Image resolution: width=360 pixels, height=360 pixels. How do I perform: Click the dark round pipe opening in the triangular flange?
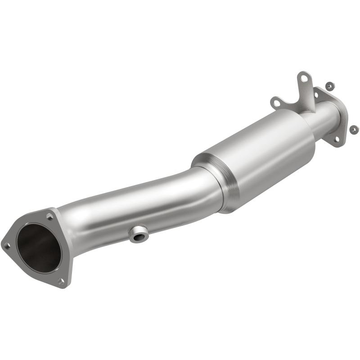coord(39,250)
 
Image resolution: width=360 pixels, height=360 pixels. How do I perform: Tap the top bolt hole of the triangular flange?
coord(49,217)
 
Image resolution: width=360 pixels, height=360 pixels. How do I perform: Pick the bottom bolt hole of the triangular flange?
coord(61,281)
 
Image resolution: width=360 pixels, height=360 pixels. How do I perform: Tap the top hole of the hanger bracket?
coord(305,79)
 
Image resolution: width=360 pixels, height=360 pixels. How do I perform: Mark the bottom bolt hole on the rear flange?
coord(336,139)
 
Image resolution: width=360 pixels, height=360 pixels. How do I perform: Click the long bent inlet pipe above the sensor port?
coord(135,205)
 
